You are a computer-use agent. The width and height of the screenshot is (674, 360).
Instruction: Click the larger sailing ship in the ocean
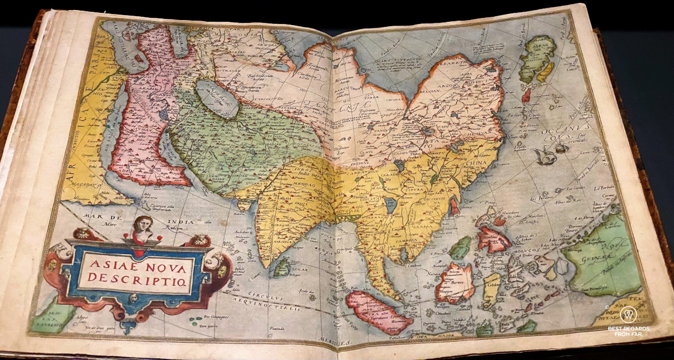(544, 157)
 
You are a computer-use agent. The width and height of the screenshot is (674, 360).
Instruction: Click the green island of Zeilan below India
(282, 268)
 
